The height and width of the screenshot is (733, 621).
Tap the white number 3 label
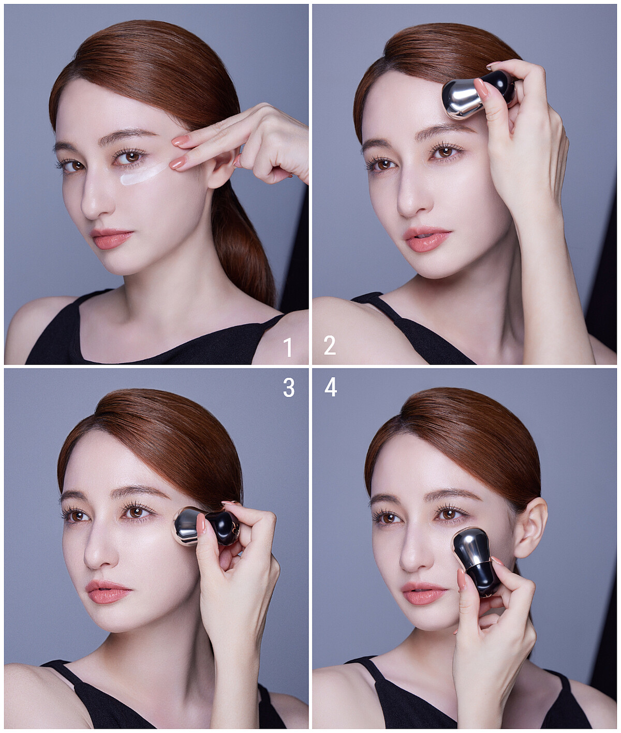click(x=289, y=388)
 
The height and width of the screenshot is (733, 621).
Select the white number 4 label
click(x=331, y=388)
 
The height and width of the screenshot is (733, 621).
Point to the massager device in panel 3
click(x=206, y=526)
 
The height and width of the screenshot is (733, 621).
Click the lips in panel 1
click(x=111, y=238)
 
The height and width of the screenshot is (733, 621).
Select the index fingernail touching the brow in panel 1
click(x=181, y=141)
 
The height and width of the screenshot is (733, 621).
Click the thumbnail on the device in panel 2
click(x=482, y=87)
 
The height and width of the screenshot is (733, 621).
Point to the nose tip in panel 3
click(x=94, y=560)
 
